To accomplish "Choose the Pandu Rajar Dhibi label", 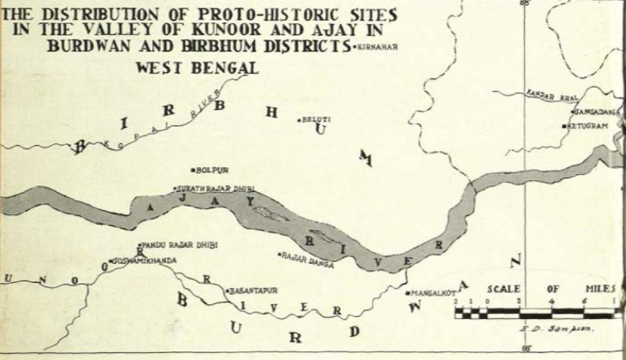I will tap(180, 244).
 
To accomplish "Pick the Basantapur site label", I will tap(254, 291).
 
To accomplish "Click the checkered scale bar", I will tap(533, 313).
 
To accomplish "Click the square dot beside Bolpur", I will tap(196, 170).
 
